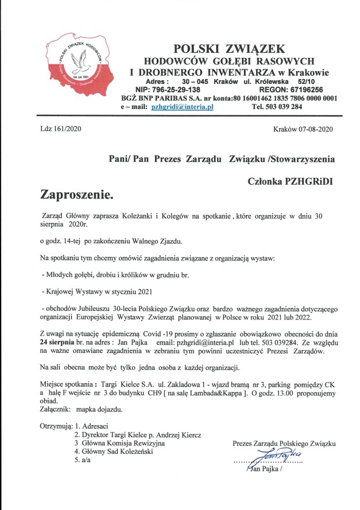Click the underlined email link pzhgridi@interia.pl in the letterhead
click(x=182, y=107)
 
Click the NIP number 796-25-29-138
click(x=168, y=90)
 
